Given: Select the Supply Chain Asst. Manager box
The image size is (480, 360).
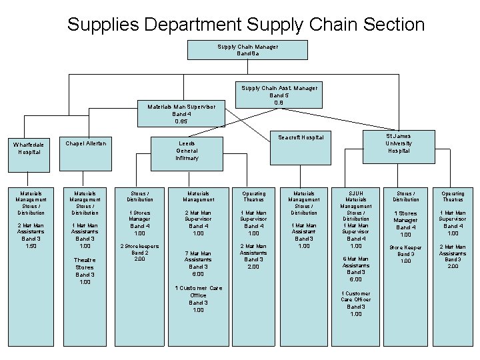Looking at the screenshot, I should [x=280, y=95].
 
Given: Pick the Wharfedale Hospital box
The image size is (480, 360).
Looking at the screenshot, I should [x=30, y=148].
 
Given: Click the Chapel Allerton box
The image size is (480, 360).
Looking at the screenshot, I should [x=85, y=144].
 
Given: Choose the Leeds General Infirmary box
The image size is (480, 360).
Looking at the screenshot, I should [x=187, y=151].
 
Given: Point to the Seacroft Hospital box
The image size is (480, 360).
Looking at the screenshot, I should [x=301, y=138].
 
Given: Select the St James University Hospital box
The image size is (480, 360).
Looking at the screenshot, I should [x=398, y=143].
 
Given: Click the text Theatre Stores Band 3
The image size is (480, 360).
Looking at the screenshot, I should [x=85, y=267].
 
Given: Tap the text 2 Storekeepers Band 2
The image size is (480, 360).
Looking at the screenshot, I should [x=139, y=250].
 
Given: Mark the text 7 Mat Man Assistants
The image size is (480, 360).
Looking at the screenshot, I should [x=198, y=257].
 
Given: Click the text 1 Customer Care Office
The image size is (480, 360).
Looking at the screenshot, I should [x=198, y=291].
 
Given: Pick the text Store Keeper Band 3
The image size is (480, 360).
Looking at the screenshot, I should [x=405, y=251].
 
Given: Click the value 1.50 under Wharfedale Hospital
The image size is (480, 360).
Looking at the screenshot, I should [x=31, y=246].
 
